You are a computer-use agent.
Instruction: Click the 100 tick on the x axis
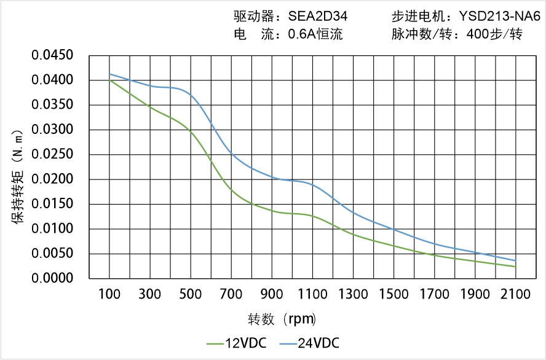tap(109, 294)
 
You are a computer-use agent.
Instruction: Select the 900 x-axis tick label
tap(272, 294)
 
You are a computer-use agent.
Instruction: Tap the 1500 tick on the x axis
tap(394, 294)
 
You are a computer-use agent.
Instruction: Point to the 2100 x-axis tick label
tap(515, 294)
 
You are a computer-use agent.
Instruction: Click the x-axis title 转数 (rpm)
tap(282, 319)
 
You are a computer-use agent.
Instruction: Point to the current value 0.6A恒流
tap(315, 34)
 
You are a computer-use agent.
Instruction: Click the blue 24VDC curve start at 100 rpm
tap(109, 74)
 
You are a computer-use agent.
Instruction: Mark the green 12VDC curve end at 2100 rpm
tap(515, 267)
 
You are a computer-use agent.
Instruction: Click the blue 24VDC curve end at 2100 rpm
tap(515, 260)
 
